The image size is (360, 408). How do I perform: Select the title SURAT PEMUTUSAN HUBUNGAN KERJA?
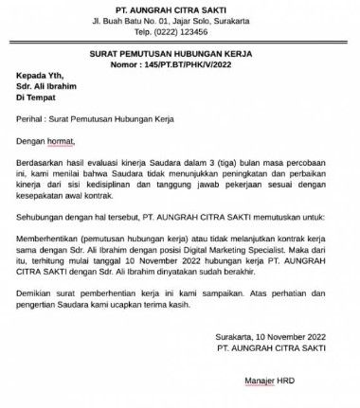[x=180, y=57]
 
